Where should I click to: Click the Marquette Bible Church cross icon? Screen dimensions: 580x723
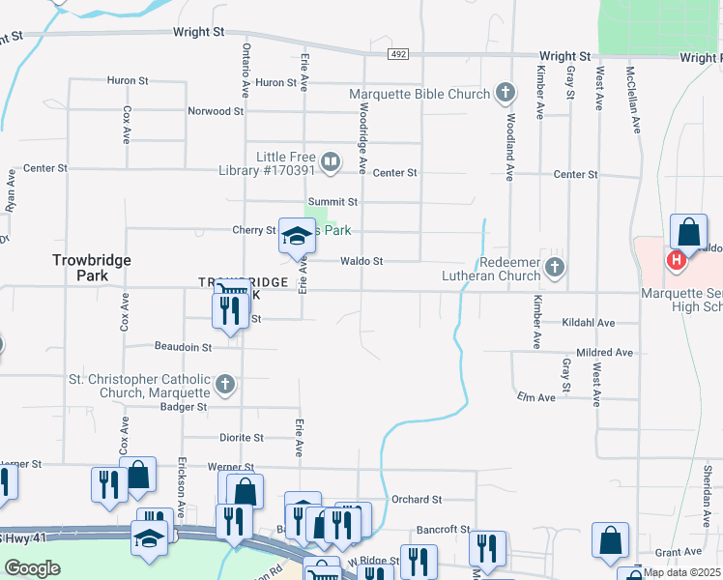pos(504,94)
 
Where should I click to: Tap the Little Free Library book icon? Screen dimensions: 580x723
pos(331,162)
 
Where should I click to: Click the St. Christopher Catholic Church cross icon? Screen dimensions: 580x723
pos(224,386)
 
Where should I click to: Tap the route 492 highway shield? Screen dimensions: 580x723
pos(398,54)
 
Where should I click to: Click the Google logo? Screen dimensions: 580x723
pos(32,568)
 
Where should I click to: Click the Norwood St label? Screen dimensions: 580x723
pos(216,111)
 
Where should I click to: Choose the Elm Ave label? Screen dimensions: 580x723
pos(536,397)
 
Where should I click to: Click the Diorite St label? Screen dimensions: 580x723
pos(241,438)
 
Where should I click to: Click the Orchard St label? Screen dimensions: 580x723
pos(417,500)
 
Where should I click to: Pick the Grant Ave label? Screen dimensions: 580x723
pos(671,553)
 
